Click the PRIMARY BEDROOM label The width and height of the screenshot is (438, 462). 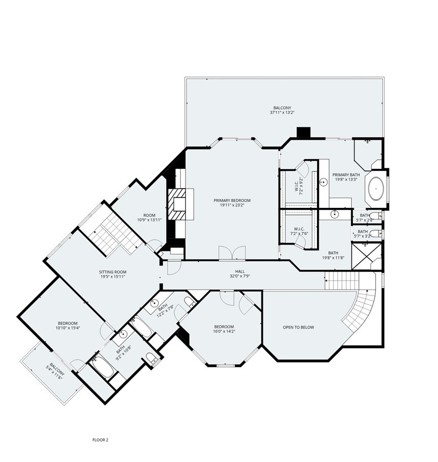click(232, 200)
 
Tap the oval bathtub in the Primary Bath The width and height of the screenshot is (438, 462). click(376, 189)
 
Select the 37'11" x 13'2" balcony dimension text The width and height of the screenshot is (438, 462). click(282, 113)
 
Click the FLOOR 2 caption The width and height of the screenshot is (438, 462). click(100, 440)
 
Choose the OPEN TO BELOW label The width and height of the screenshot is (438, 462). click(298, 327)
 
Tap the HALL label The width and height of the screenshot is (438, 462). click(240, 271)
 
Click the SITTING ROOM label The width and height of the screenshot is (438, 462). click(113, 272)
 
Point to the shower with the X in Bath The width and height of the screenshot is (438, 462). click(366, 256)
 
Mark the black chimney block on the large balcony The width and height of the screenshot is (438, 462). click(303, 132)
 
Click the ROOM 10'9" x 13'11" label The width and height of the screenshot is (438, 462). click(149, 218)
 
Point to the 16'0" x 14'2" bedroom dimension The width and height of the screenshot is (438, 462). click(224, 331)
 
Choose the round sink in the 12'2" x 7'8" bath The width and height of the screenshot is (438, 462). click(154, 303)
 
